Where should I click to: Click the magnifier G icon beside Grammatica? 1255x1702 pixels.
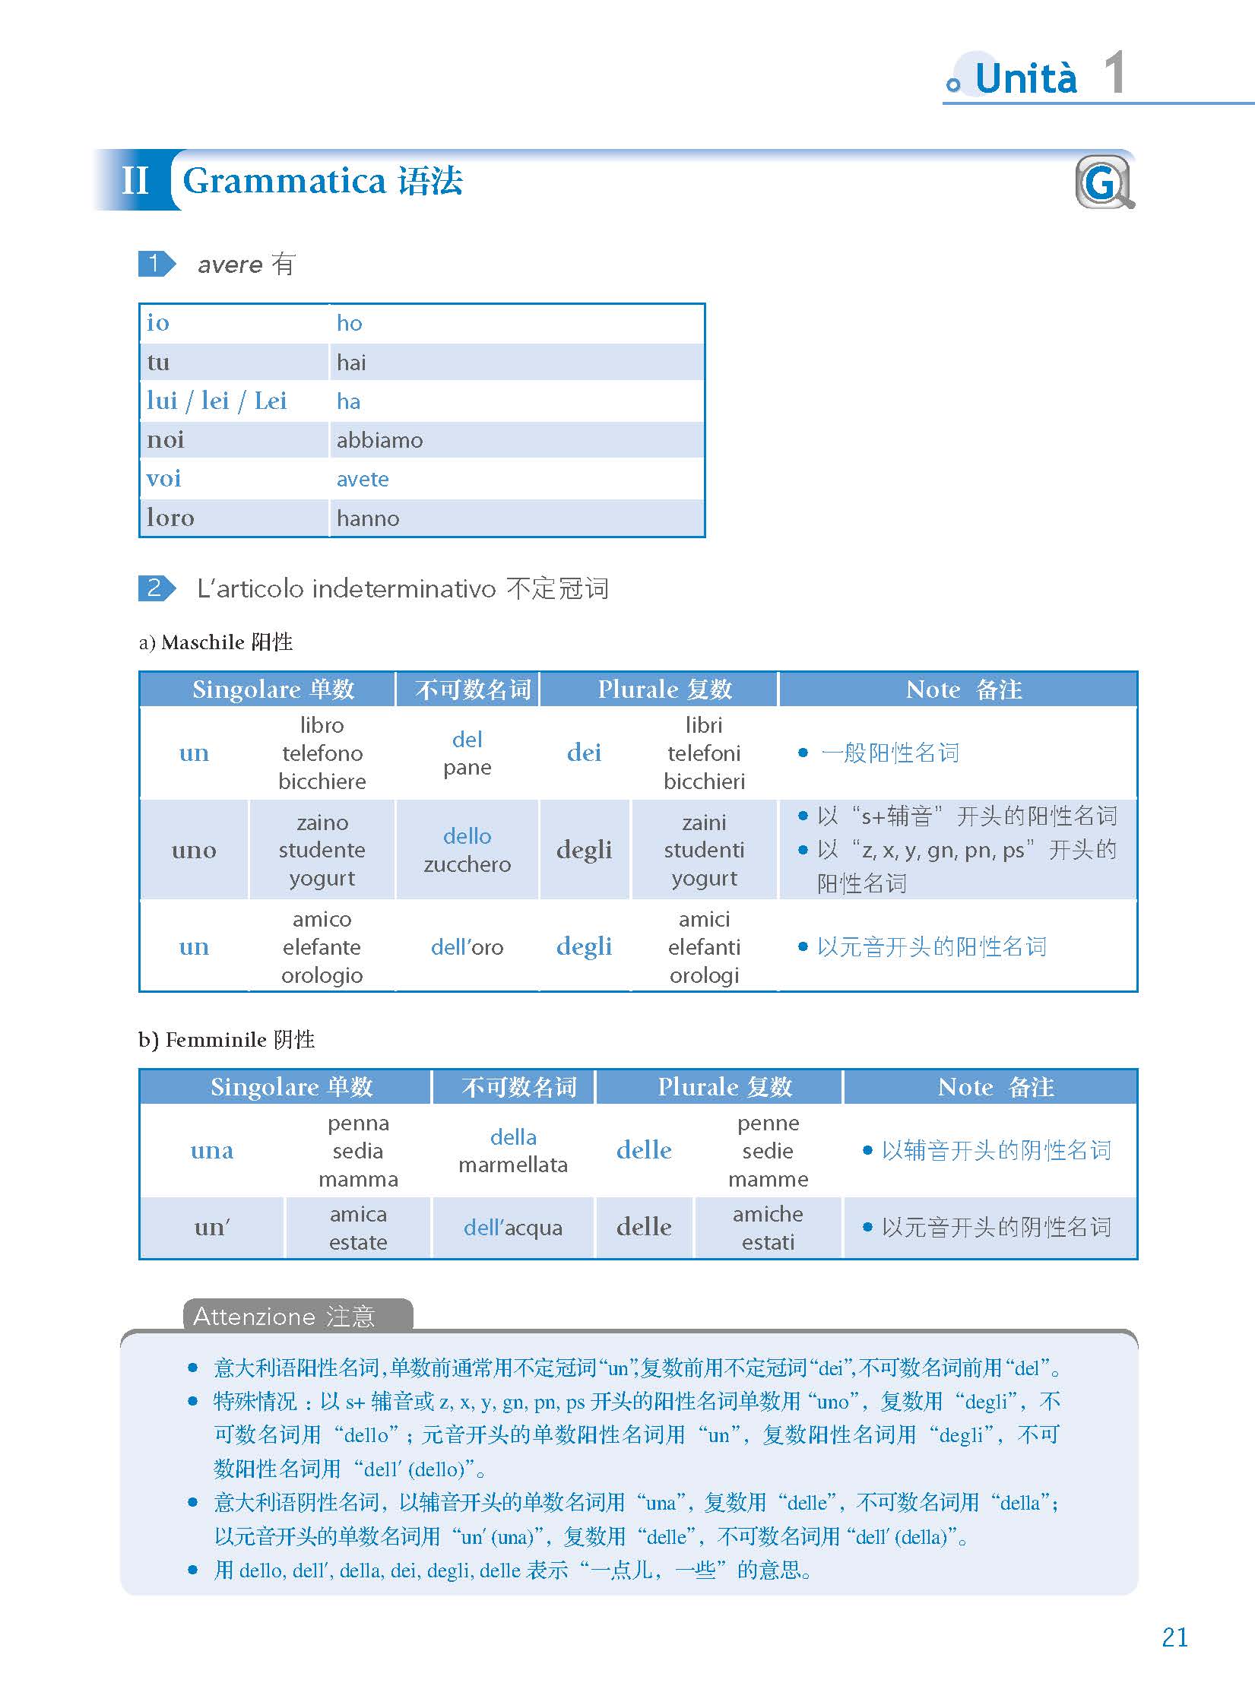coord(1104,182)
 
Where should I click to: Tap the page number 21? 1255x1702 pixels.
coord(1174,1637)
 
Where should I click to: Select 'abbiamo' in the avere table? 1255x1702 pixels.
coord(379,440)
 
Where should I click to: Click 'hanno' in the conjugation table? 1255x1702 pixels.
coord(368,518)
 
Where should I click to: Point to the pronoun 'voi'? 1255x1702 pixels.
coord(164,479)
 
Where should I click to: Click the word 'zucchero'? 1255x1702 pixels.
coord(467,864)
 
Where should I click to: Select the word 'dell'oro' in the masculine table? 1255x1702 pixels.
coord(467,947)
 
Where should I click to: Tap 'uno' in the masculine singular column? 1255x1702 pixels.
coord(194,850)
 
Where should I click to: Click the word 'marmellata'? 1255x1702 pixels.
coord(513,1165)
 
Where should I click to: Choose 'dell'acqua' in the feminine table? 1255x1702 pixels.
coord(513,1228)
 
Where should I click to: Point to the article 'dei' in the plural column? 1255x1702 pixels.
coord(584,753)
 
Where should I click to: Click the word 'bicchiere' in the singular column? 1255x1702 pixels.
coord(322,781)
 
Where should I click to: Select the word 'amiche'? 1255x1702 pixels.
coord(768,1214)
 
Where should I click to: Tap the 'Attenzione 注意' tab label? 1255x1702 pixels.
coord(284,1316)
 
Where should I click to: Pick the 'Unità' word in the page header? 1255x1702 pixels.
coord(1025,79)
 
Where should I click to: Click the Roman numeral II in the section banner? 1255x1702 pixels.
coord(135,181)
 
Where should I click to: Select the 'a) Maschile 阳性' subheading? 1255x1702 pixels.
coord(216,642)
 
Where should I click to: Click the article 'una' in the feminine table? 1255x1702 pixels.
coord(212,1150)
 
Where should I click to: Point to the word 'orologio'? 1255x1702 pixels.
coord(322,975)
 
